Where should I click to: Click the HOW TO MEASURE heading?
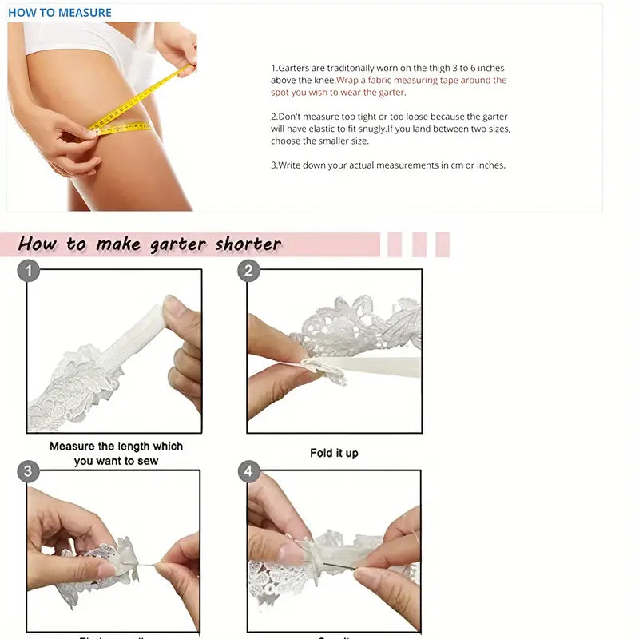tap(60, 13)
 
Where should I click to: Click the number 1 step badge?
tap(29, 272)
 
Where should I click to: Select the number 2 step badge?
tap(248, 272)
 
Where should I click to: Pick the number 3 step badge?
tap(29, 471)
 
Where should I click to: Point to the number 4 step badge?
tap(248, 471)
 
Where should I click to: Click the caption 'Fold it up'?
tap(334, 453)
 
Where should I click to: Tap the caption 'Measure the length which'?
tap(116, 446)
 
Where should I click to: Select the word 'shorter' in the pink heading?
tap(248, 244)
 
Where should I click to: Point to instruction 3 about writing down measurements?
tap(388, 165)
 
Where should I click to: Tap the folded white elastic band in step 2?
tap(375, 367)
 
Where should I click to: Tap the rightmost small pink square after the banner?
tap(443, 244)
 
